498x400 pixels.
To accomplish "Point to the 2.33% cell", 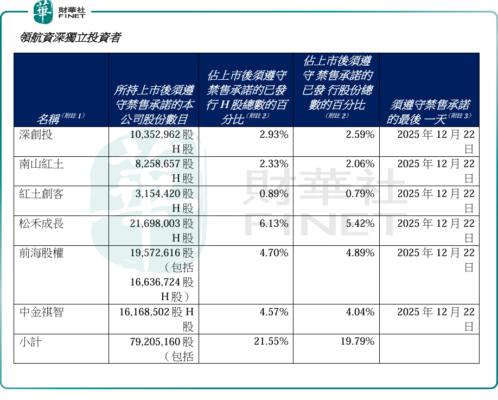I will click(274, 164).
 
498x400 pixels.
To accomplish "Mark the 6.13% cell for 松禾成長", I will click(274, 223).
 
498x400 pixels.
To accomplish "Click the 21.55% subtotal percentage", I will click(271, 341).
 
